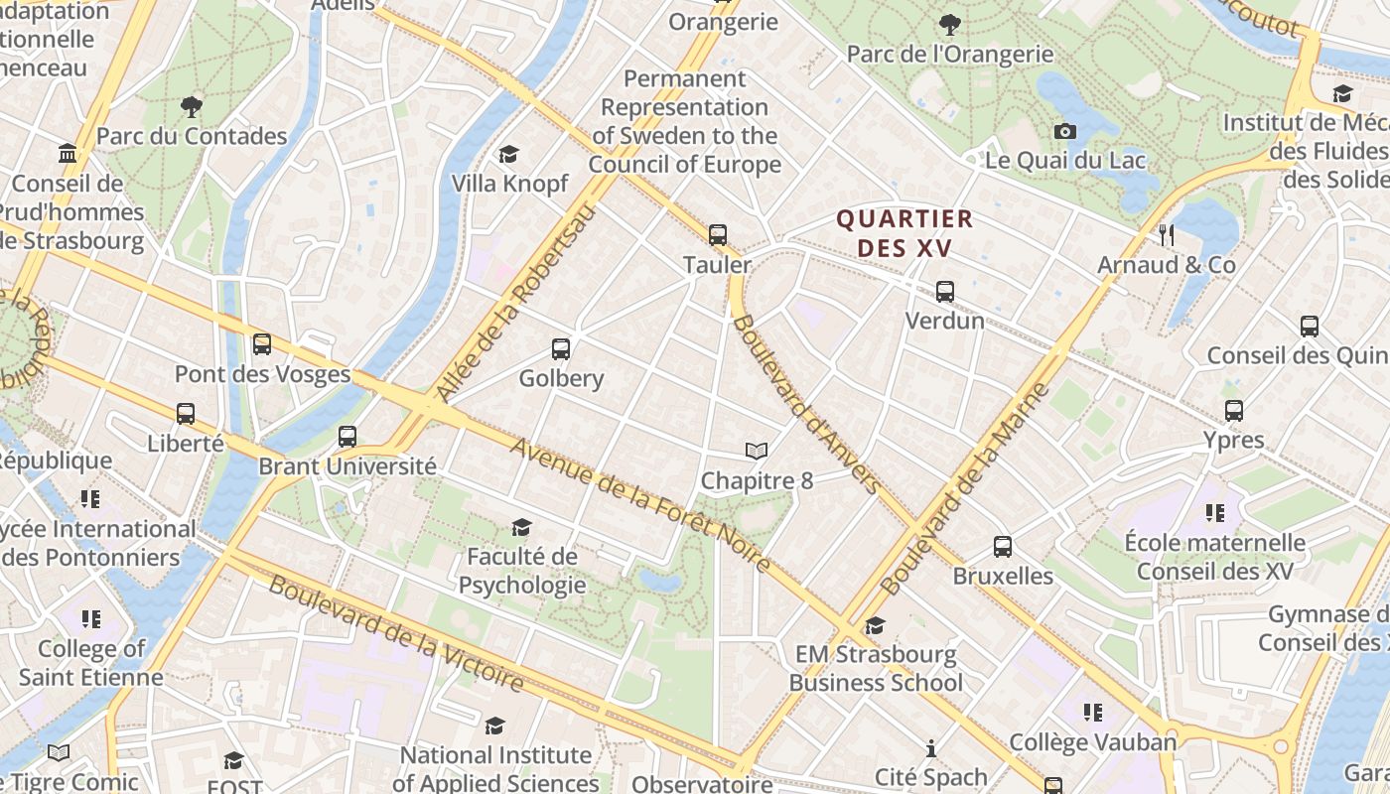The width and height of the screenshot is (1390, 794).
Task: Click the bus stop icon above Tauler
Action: [x=717, y=235]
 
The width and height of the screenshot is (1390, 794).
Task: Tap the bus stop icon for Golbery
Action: [x=561, y=349]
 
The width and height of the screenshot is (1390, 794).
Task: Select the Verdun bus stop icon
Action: [x=944, y=292]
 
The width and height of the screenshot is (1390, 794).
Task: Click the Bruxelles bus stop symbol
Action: [x=1003, y=547]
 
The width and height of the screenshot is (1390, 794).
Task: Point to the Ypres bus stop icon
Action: [x=1233, y=411]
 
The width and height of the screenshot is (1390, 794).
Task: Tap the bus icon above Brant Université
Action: [x=347, y=437]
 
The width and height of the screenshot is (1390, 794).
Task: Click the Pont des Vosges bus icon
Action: [x=262, y=344]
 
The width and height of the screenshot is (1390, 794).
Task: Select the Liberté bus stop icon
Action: [x=186, y=414]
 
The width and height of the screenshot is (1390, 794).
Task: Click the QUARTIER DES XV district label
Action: [x=903, y=233]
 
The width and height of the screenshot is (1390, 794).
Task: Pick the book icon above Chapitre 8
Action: [x=757, y=452]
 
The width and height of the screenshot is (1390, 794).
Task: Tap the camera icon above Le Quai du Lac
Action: [x=1064, y=131]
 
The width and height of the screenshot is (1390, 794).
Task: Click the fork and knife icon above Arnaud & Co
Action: [x=1167, y=235]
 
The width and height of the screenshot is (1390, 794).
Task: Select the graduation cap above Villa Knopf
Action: [x=509, y=155]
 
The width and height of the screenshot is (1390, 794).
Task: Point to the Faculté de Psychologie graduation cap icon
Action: [x=521, y=527]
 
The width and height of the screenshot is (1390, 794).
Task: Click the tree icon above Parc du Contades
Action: [x=191, y=106]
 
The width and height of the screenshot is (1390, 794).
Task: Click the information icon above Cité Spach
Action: [x=930, y=748]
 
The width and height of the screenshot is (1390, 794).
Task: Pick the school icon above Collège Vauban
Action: [x=1092, y=713]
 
